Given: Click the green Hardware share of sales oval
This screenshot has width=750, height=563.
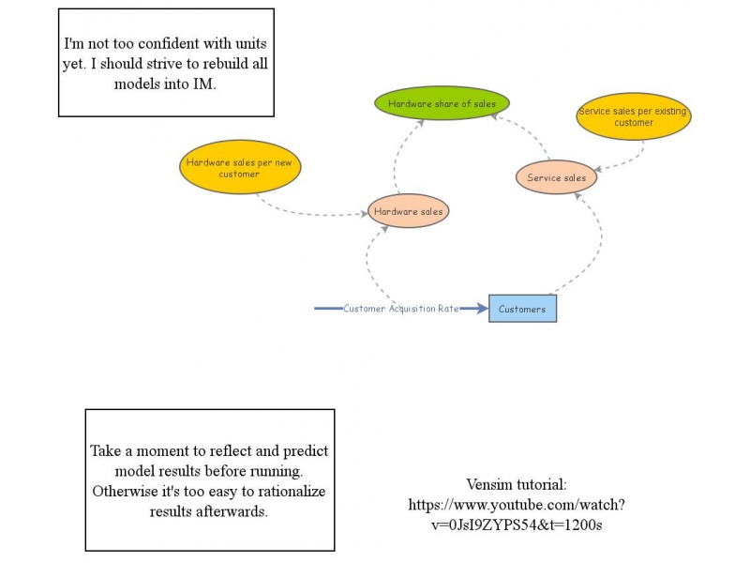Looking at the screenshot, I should click(x=442, y=103).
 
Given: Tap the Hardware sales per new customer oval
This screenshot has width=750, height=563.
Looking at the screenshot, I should click(x=239, y=168).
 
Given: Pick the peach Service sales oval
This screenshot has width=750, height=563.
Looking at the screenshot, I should click(x=556, y=177).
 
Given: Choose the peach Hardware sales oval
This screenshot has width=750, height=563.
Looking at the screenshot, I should click(x=408, y=212).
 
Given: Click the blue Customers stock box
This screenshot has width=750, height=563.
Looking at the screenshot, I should click(x=522, y=309).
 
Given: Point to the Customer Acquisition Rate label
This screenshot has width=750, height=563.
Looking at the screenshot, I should click(x=400, y=309).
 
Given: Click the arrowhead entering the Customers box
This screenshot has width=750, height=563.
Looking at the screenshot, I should click(x=482, y=309).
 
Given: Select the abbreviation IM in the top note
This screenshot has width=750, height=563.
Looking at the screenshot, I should click(x=205, y=84).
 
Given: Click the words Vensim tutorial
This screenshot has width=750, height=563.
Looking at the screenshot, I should click(x=517, y=485).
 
